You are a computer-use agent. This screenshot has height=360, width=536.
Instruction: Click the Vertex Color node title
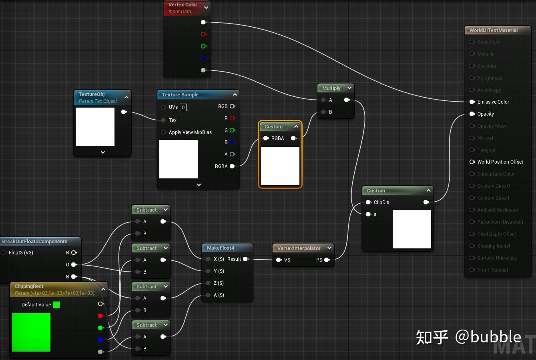(x=183, y=5)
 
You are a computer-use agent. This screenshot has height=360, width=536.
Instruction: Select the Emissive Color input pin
(x=472, y=102)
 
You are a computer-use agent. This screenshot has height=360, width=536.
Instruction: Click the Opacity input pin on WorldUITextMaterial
(x=472, y=114)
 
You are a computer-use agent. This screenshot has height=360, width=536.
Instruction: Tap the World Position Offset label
(x=500, y=162)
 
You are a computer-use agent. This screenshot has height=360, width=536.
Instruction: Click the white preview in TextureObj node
(x=95, y=127)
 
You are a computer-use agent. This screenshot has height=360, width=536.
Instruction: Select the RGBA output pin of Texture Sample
(x=232, y=166)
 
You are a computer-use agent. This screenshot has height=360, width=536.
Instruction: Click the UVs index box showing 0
(x=183, y=107)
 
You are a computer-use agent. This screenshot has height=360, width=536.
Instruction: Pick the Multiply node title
(x=331, y=88)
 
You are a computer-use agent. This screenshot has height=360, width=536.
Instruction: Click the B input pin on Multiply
(x=323, y=112)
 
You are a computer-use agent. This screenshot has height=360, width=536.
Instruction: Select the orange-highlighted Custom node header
(x=274, y=127)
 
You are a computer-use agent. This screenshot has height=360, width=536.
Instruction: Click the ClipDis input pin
(x=368, y=202)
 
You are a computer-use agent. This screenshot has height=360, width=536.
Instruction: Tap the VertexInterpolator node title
(x=299, y=248)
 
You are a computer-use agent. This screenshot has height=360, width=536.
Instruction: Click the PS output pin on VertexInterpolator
(x=327, y=260)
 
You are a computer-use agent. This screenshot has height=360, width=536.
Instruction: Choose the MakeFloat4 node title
(x=221, y=248)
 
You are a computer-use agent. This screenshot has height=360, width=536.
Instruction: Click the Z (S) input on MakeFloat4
(x=208, y=283)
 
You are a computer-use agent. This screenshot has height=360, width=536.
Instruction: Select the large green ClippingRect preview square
(x=31, y=332)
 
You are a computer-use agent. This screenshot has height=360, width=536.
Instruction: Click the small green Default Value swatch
(x=56, y=305)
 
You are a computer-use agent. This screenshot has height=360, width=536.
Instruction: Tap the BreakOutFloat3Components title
(x=35, y=242)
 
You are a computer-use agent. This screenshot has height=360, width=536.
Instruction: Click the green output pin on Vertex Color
(x=203, y=46)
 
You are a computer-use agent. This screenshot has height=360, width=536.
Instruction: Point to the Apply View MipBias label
(x=190, y=132)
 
